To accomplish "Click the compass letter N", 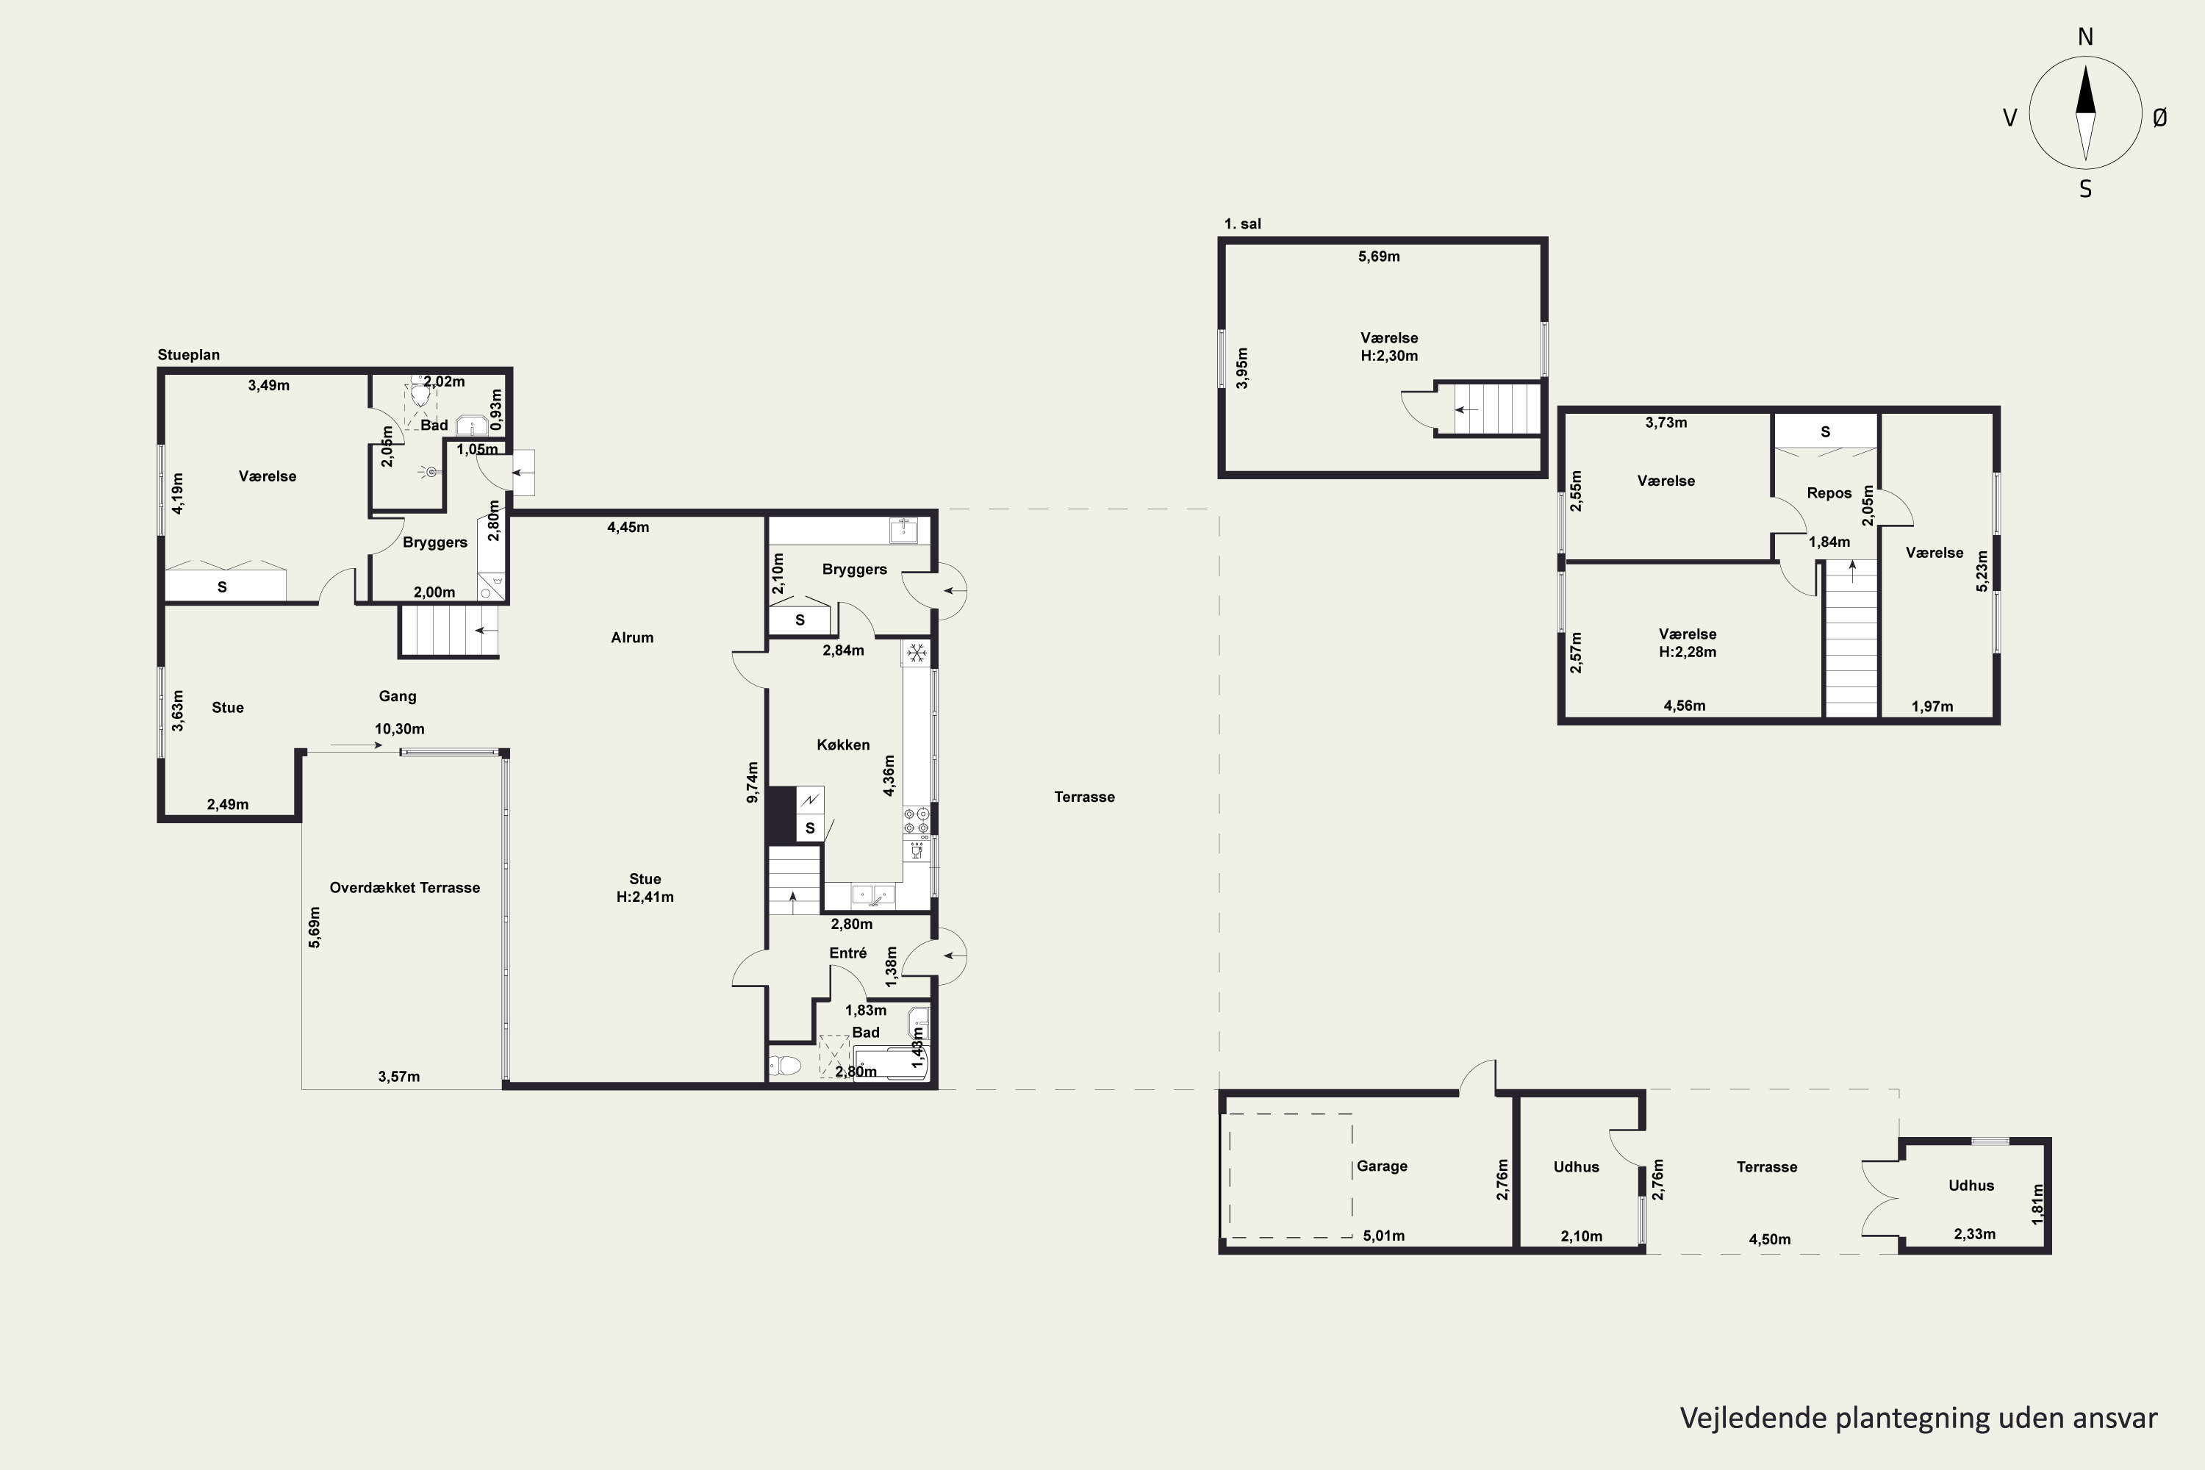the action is pos(2085,37).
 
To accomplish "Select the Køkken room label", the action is pos(843,745).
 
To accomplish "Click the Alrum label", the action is pos(632,637).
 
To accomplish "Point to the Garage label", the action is pos(1382,1166).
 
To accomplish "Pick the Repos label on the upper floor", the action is pos(1829,493).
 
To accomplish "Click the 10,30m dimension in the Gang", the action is pos(399,728).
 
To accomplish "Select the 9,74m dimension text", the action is pos(752,782).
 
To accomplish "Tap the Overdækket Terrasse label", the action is pos(405,888).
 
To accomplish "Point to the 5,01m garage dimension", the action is pos(1384,1236).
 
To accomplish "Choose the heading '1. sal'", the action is pos(1242,224).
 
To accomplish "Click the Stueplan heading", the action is pos(188,355).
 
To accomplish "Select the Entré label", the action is pos(847,953).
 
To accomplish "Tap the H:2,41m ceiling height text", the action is pos(645,897).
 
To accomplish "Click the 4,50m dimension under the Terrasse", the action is pos(1770,1239).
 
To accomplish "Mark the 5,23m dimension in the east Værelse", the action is pos(1982,571).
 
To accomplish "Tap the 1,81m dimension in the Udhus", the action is pos(2037,1204).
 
